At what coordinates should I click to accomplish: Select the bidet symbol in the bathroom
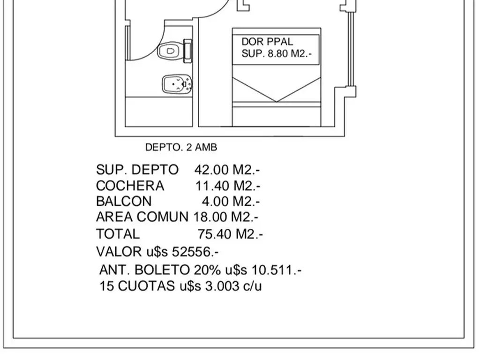(176, 85)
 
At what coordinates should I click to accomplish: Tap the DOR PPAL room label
(267, 42)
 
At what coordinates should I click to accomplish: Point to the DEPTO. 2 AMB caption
(181, 147)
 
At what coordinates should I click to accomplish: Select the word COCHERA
(130, 186)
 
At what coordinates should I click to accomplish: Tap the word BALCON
(124, 201)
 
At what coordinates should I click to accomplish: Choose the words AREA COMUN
(142, 217)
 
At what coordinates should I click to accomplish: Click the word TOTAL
(118, 233)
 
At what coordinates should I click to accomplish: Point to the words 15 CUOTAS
(136, 286)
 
